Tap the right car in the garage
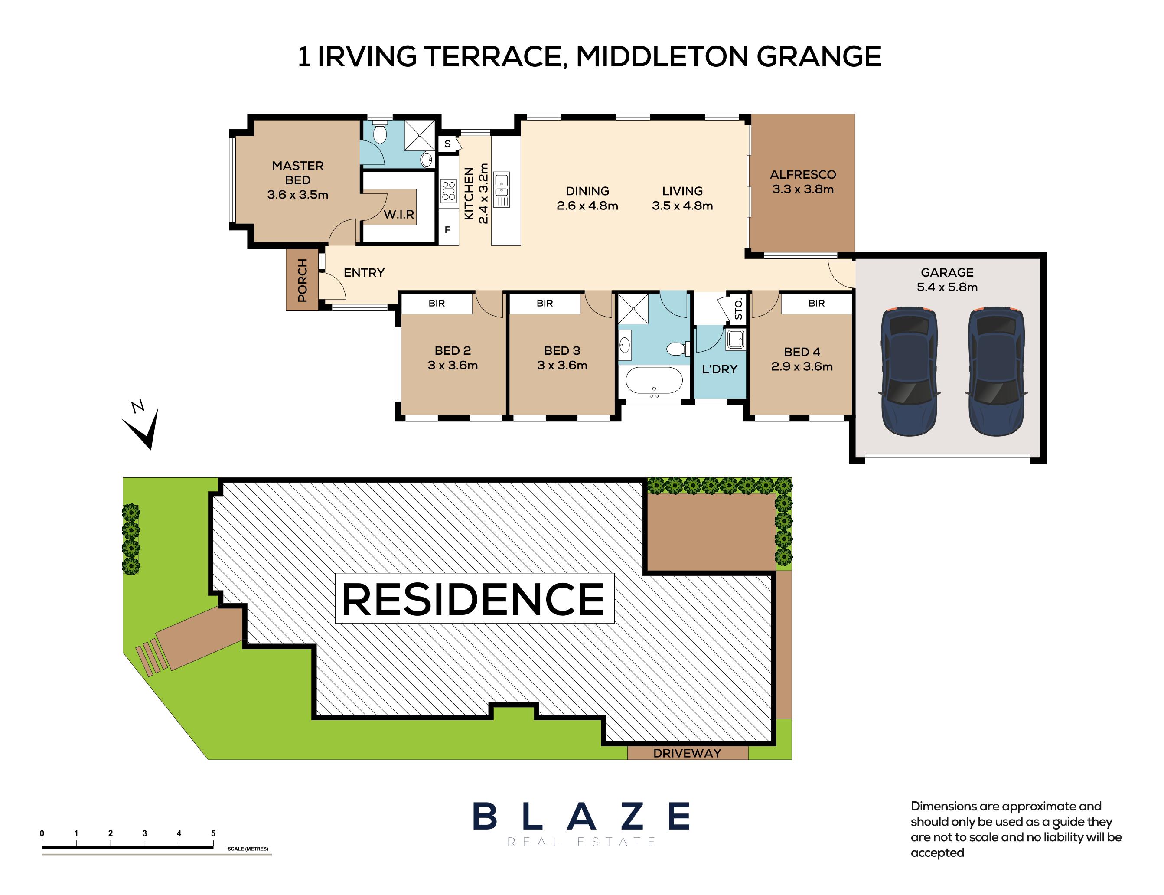pyautogui.click(x=996, y=371)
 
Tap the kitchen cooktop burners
pyautogui.click(x=448, y=190)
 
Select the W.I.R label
pyautogui.click(x=399, y=215)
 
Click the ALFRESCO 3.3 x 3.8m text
pyautogui.click(x=802, y=182)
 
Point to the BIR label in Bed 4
pyautogui.click(x=816, y=303)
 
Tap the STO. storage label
pyautogui.click(x=739, y=309)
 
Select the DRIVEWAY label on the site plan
pyautogui.click(x=687, y=753)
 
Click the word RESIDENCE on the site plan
pyautogui.click(x=473, y=599)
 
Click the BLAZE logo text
pyautogui.click(x=581, y=816)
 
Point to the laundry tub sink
pyautogui.click(x=735, y=339)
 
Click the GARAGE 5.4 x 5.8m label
pyautogui.click(x=947, y=280)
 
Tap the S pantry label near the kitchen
pyautogui.click(x=447, y=144)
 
